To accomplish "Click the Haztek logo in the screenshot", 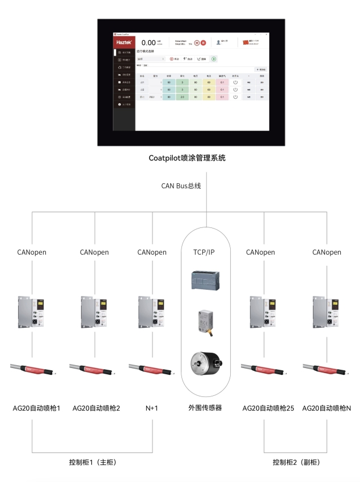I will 124,42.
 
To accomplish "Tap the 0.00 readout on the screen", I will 149,43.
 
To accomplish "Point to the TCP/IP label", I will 206,252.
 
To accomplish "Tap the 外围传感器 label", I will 205,408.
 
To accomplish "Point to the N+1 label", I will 152,408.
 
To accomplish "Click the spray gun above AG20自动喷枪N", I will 327,369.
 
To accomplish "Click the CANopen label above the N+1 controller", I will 152,252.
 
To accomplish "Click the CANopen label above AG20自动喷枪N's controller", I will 327,252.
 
